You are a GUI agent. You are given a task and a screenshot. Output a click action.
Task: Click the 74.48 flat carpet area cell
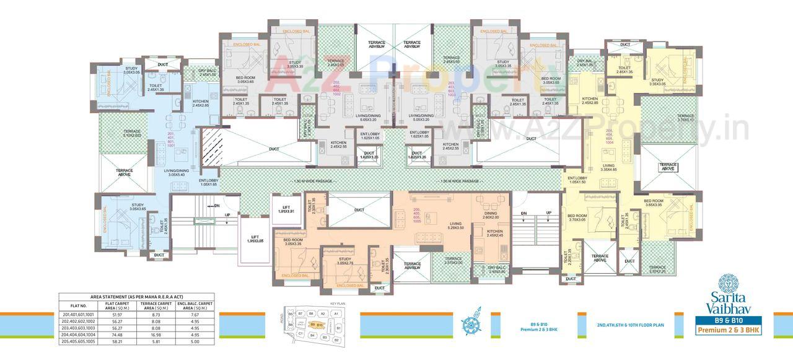(116, 334)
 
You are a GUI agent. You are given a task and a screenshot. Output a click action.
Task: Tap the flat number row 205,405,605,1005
(79, 341)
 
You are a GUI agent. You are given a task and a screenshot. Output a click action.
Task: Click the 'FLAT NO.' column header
(79, 305)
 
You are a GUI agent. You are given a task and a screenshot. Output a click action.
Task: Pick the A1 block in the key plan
(335, 314)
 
